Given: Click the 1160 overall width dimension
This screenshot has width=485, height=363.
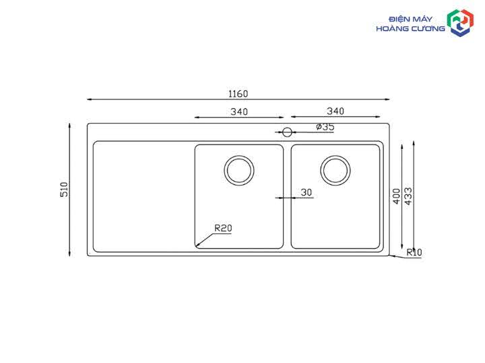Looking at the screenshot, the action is click(238, 94).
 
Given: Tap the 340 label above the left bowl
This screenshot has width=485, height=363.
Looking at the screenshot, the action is click(239, 112).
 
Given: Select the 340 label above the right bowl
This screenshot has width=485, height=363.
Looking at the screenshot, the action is click(335, 111).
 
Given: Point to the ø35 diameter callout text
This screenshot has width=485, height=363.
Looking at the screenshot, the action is click(325, 127).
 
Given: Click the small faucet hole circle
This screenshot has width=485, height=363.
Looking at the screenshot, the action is click(287, 128).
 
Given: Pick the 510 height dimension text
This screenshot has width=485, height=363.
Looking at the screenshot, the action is click(64, 190).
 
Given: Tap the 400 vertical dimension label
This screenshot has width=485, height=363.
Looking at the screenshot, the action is click(397, 196).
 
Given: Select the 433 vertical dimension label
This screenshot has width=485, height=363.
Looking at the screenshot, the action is click(408, 196).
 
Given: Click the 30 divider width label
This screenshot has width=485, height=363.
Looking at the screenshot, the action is click(306, 193).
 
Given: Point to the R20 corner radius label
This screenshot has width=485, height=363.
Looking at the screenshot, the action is click(223, 229).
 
